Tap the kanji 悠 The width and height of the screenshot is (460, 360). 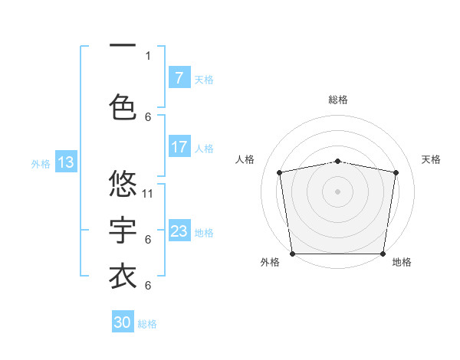tap(123, 184)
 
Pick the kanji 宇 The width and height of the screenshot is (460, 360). tap(123, 230)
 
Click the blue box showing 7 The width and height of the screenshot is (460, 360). tap(179, 78)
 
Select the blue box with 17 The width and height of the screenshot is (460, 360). tap(179, 147)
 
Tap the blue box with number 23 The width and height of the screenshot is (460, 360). tap(179, 231)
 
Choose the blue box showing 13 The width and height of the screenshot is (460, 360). tap(65, 162)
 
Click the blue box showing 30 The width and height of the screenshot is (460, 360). tap(123, 322)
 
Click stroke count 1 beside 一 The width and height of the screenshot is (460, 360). tap(148, 55)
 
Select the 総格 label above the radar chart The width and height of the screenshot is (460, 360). tap(338, 100)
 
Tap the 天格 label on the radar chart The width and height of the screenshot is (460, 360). tap(431, 159)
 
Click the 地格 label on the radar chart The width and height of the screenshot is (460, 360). tap(402, 262)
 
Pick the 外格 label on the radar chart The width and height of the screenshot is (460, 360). tap(270, 262)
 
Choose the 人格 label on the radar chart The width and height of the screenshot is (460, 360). tap(245, 159)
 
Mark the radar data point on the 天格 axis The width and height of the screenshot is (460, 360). tap(396, 172)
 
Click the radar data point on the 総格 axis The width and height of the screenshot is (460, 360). tap(338, 161)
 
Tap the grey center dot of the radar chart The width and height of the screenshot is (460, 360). tap(338, 191)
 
